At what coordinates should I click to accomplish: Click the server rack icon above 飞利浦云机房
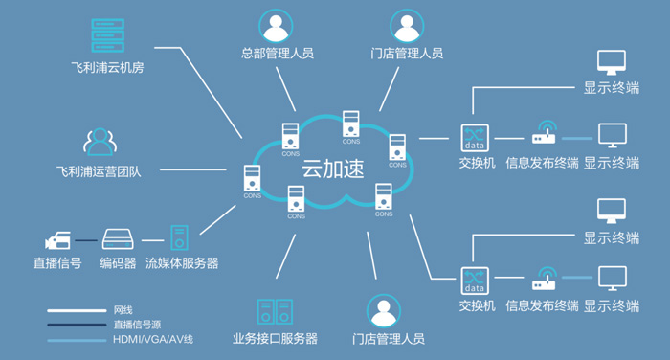[107, 35]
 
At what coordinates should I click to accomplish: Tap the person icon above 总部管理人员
[276, 26]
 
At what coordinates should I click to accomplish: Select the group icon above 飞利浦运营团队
[100, 142]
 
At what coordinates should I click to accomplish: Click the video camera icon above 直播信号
[57, 240]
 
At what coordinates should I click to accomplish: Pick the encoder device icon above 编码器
[118, 239]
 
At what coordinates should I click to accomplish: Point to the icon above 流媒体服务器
[180, 237]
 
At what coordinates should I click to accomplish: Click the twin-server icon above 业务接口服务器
[275, 312]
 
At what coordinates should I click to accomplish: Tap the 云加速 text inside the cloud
[333, 168]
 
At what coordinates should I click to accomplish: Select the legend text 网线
[123, 310]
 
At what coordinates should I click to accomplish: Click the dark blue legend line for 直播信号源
[77, 325]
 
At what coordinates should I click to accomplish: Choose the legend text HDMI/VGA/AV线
[153, 340]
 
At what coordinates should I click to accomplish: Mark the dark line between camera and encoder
[86, 240]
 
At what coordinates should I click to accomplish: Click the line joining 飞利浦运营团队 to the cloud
[193, 169]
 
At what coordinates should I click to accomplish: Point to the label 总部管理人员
[278, 54]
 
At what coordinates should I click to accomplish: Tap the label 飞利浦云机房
[107, 68]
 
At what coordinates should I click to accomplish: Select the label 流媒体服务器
[182, 263]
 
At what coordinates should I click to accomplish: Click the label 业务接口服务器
[276, 339]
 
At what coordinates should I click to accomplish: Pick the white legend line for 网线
[77, 310]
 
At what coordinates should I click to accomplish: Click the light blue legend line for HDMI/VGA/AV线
[77, 340]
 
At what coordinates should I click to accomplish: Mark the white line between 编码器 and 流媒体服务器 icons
[152, 240]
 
